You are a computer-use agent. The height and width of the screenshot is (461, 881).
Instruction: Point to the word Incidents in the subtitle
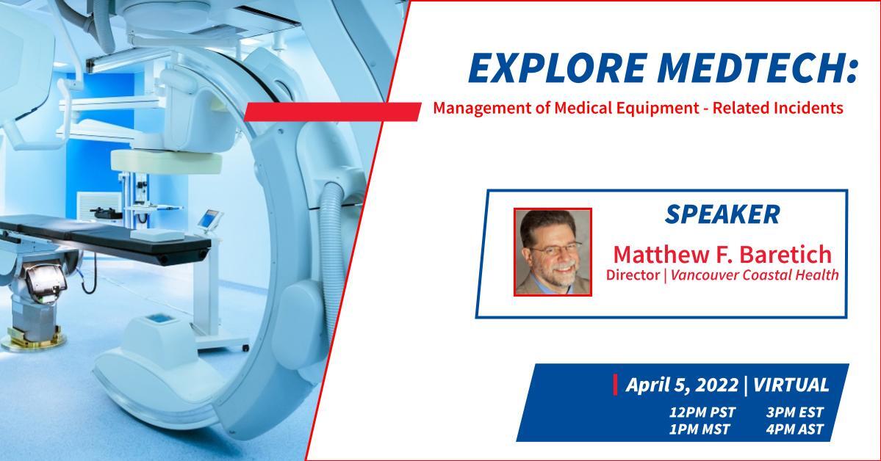coord(808,107)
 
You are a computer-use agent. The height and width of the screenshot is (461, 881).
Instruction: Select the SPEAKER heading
coord(722,214)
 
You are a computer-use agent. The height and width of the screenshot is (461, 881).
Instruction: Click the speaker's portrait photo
coord(553,252)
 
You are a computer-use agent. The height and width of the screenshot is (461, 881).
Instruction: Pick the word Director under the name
coord(632,275)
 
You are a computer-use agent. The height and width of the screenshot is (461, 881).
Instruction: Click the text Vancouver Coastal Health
coord(755,275)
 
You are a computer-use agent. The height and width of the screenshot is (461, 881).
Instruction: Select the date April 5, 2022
coord(682,385)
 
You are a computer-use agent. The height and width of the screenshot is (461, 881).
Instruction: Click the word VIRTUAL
coord(791,385)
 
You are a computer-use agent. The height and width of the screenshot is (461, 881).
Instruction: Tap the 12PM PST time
coord(702,412)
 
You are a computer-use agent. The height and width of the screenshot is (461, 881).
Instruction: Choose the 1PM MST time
coord(699,429)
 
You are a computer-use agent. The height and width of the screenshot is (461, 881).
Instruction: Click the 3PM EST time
coord(794,412)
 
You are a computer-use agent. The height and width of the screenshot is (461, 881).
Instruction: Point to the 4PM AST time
coord(794,429)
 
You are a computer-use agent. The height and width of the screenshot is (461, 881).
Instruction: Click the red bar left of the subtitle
coord(332,111)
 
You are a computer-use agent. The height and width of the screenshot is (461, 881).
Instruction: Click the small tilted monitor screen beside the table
coord(210,218)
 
